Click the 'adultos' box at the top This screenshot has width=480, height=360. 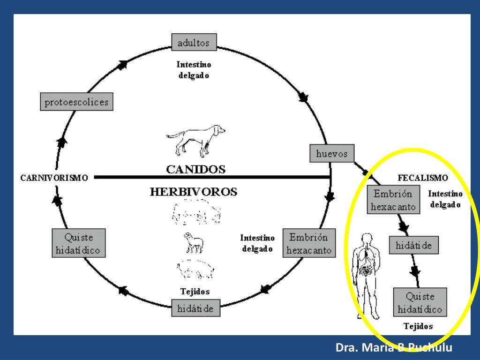coord(194,42)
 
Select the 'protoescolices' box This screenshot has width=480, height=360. coord(76,102)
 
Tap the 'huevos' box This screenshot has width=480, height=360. coord(332,153)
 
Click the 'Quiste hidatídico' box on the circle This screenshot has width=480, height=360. coord(78,243)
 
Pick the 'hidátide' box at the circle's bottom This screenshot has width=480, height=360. coord(195,308)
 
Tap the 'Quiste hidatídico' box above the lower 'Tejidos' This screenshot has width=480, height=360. coord(420,303)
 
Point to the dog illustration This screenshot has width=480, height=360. coord(196,139)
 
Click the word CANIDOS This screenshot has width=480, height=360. coord(196,169)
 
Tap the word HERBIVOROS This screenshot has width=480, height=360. coord(193,192)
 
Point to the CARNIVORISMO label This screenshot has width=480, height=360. coord(54,178)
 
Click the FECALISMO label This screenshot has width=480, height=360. coord(422,178)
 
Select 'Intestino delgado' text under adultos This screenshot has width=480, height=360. coord(194,70)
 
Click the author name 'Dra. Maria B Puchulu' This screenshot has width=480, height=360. coord(394,348)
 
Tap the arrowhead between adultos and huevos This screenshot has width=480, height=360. coord(303,98)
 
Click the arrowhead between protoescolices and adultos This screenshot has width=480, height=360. coord(124,65)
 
